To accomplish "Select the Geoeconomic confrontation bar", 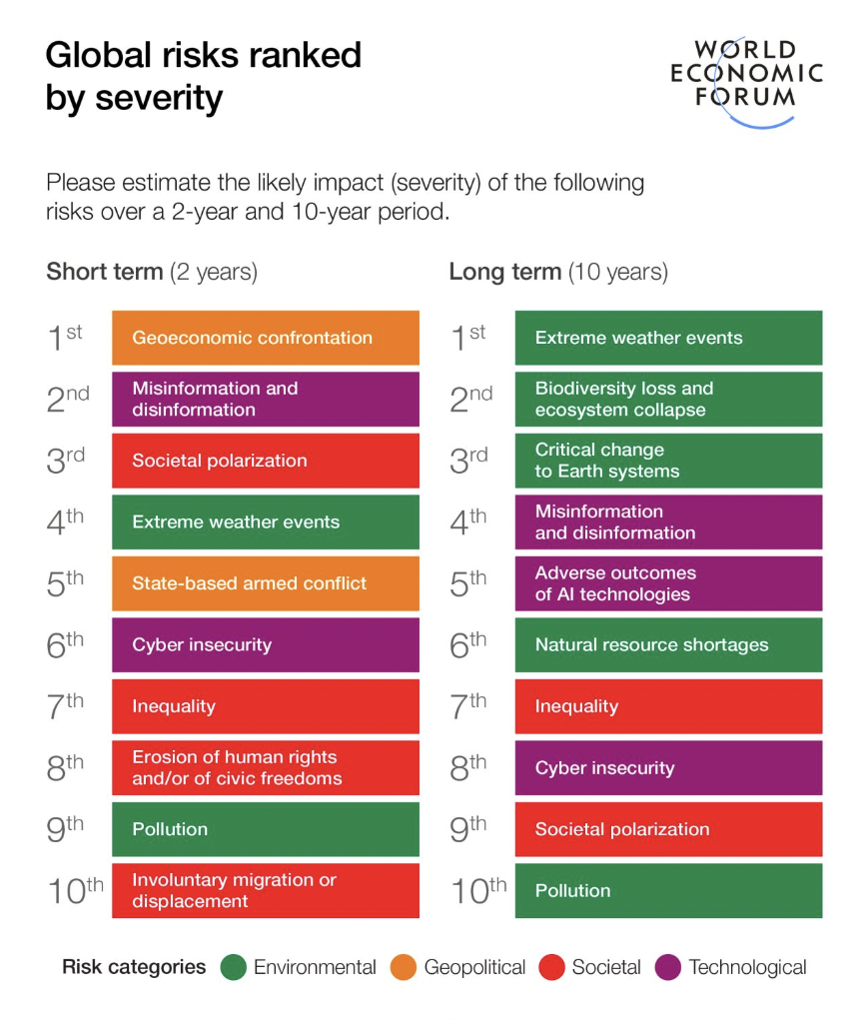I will pos(265,338).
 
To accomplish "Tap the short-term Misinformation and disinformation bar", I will pos(265,399).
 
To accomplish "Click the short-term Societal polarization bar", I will pos(265,461).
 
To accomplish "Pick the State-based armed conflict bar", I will pos(265,583).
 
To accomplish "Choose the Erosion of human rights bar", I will pos(265,767).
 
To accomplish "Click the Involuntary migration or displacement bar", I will pos(265,890).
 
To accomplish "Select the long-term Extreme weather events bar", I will pos(668,338).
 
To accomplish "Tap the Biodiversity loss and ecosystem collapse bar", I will pos(668,399).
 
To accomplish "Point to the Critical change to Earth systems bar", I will pos(668,461).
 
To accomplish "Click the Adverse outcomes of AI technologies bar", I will pos(668,583).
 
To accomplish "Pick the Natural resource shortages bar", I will pos(668,644).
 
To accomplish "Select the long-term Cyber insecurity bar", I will pos(668,767).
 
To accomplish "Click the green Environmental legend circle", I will pos(234,967).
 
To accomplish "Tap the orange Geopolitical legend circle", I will pos(404,967).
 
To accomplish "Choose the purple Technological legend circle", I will pos(668,967).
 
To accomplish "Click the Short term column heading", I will pos(152,272).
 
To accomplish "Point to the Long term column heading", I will pos(558,272).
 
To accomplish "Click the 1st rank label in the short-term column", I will pos(66,338).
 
